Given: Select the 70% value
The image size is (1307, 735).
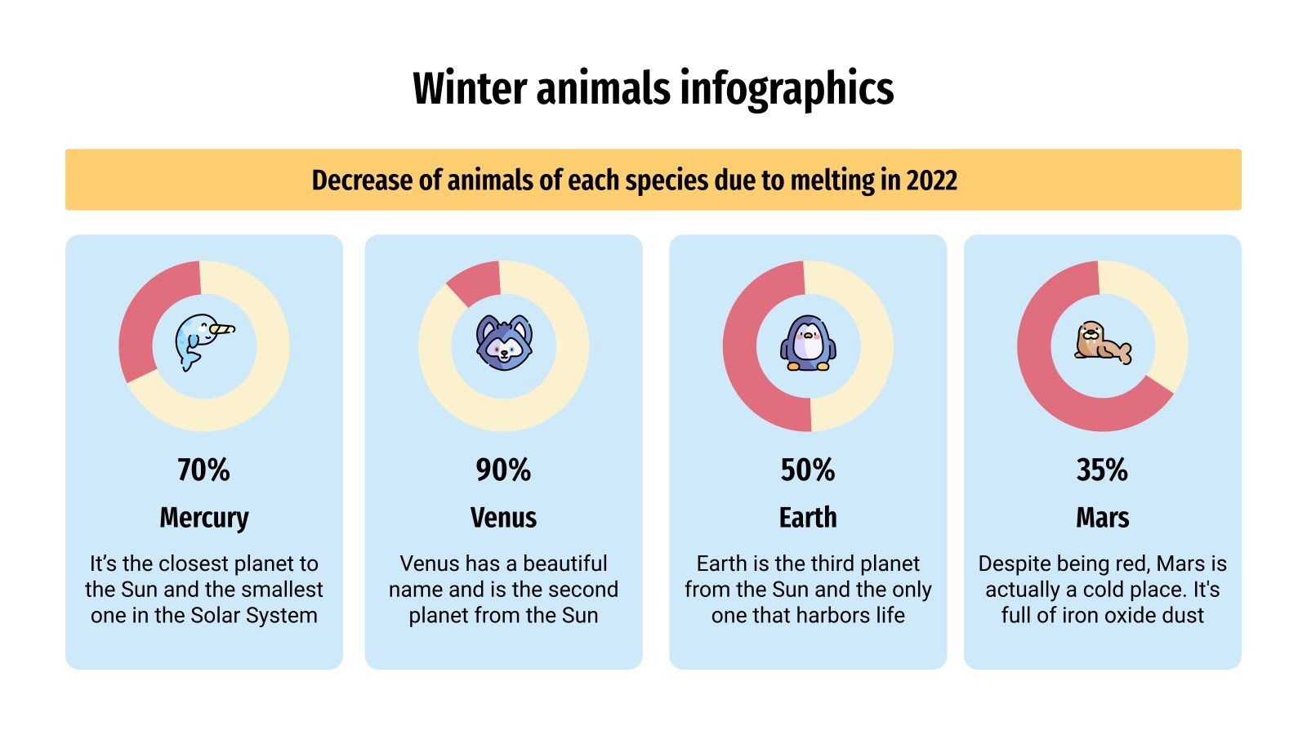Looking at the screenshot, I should [x=203, y=470].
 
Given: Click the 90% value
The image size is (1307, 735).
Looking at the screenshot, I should [x=503, y=470].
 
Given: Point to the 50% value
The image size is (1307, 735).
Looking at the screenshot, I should [x=808, y=470].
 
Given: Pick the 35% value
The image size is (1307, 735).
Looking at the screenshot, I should [x=1102, y=470].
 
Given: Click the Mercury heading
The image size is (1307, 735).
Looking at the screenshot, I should [x=203, y=518].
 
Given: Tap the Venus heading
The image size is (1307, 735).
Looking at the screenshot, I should [x=503, y=518].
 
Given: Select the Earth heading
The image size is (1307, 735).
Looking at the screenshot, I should [x=808, y=518].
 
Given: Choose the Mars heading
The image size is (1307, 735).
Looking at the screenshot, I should [x=1102, y=518].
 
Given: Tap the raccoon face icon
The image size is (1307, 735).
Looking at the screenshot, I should [x=503, y=343].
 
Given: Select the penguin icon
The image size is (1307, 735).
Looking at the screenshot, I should [x=808, y=343].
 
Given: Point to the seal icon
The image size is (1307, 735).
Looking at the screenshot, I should [x=1102, y=343].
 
